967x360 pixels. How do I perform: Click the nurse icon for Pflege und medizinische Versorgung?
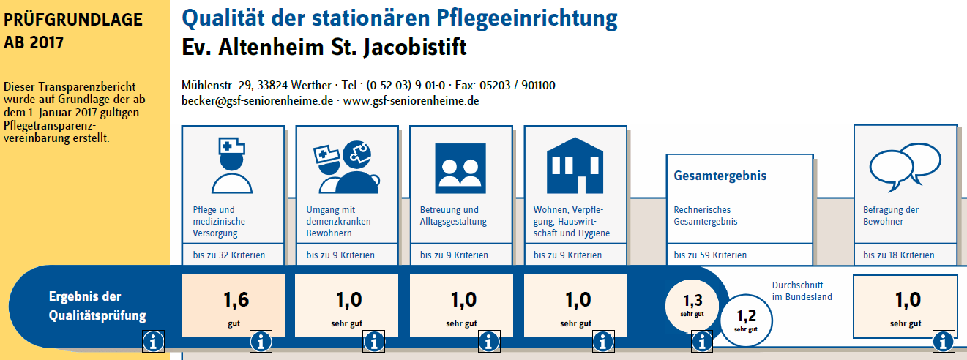pos(232,165)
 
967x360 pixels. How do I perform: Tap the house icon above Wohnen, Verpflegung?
pos(575,165)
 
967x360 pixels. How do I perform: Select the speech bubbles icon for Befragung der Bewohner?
pos(906,167)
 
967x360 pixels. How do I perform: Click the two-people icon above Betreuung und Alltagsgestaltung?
pos(460,168)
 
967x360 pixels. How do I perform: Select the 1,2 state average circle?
pos(747,320)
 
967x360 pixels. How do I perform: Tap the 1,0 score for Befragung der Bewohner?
pos(906,306)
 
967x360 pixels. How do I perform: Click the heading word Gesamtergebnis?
pos(720,176)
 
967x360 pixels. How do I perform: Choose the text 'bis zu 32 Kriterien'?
pos(229,255)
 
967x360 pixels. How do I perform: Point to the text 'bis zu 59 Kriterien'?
pos(710,255)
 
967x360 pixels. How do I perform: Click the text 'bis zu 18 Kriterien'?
pos(899,255)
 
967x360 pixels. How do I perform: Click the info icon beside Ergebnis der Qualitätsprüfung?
pos(153,342)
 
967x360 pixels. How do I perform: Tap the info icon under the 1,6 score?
pos(261,342)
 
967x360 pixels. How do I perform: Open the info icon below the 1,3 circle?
pos(702,342)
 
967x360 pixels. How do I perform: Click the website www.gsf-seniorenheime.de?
pos(411,101)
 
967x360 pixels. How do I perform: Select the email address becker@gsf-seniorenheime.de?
pos(257,101)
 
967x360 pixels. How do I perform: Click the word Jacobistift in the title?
pos(415,47)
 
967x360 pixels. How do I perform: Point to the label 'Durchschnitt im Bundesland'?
pos(802,291)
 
